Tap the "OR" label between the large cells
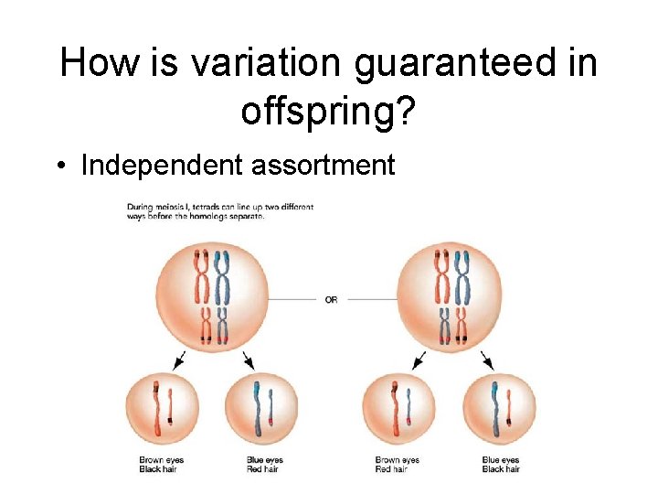[x=331, y=300]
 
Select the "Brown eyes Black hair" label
[x=157, y=465]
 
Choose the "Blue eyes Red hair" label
[x=264, y=465]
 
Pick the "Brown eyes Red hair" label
[x=398, y=465]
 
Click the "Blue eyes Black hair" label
[x=500, y=465]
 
